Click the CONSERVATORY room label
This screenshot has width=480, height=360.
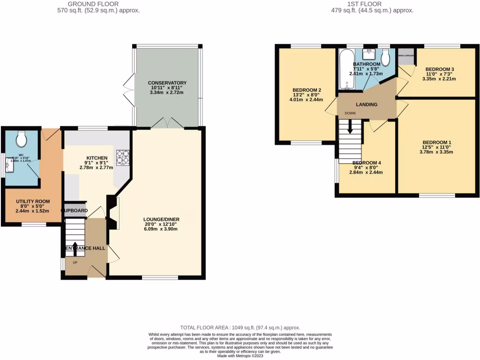(167, 83)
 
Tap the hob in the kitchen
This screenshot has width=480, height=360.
(123, 157)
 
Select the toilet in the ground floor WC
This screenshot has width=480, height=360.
(22, 138)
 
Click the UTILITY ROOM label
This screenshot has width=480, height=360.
(33, 202)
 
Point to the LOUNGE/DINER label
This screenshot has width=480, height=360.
(162, 219)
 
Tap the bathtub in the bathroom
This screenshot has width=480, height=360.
(345, 70)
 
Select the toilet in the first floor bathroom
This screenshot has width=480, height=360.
(385, 59)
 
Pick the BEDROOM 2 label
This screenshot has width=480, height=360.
(307, 90)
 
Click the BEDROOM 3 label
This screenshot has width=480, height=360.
(440, 69)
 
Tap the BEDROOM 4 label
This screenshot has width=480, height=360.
(366, 163)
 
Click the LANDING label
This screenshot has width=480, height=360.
(366, 105)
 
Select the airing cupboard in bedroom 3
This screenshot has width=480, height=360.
(405, 56)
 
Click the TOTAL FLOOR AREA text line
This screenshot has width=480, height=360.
(240, 328)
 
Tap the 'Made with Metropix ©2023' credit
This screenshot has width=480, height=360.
(240, 356)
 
